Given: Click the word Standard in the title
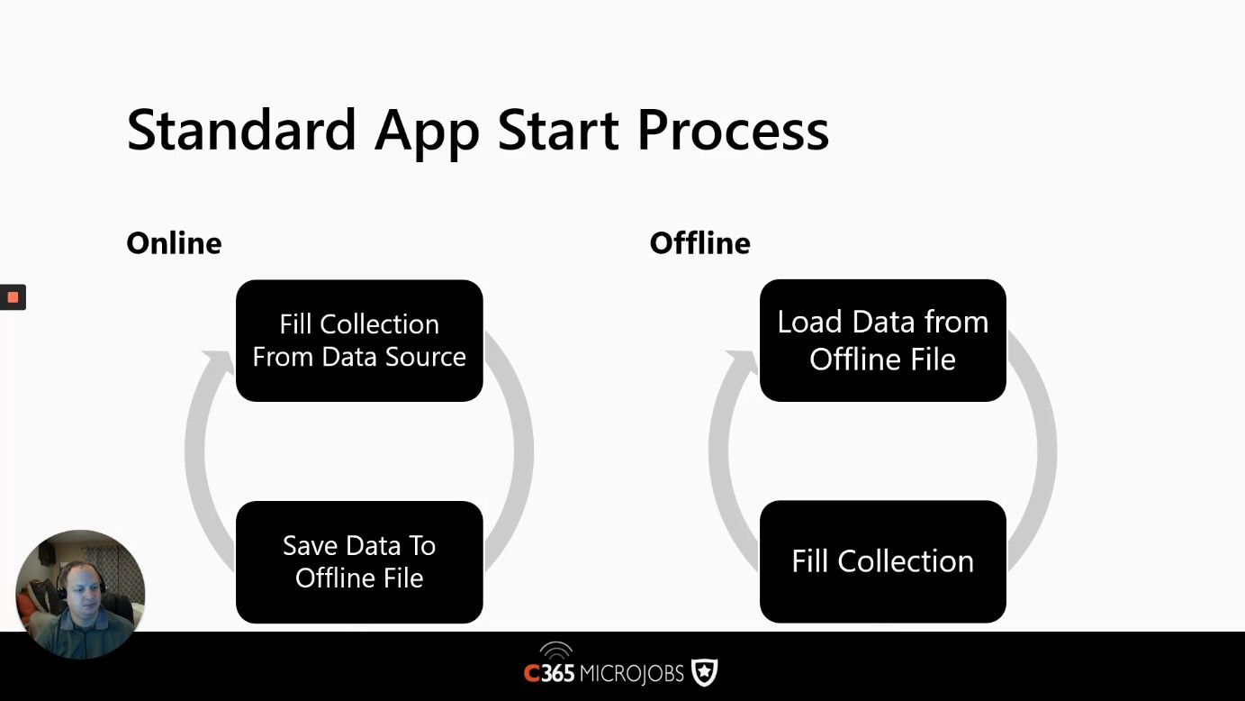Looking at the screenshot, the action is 241,130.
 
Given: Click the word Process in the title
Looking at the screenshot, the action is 733,130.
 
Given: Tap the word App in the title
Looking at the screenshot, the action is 427,133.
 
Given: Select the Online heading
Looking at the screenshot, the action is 174,243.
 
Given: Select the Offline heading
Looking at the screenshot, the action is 699,243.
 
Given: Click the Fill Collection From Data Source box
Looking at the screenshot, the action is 359,341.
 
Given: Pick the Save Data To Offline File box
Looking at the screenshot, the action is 359,562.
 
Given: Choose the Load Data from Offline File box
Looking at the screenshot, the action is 882,340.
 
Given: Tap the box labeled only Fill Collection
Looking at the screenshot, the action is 882,561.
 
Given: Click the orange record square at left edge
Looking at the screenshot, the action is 13,297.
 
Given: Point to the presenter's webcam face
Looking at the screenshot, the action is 82,586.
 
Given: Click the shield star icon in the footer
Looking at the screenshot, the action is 704,672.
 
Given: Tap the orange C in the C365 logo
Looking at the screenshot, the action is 532,674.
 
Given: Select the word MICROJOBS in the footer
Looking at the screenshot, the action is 632,674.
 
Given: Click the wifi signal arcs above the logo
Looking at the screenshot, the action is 555,650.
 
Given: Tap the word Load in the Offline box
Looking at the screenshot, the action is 810,323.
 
